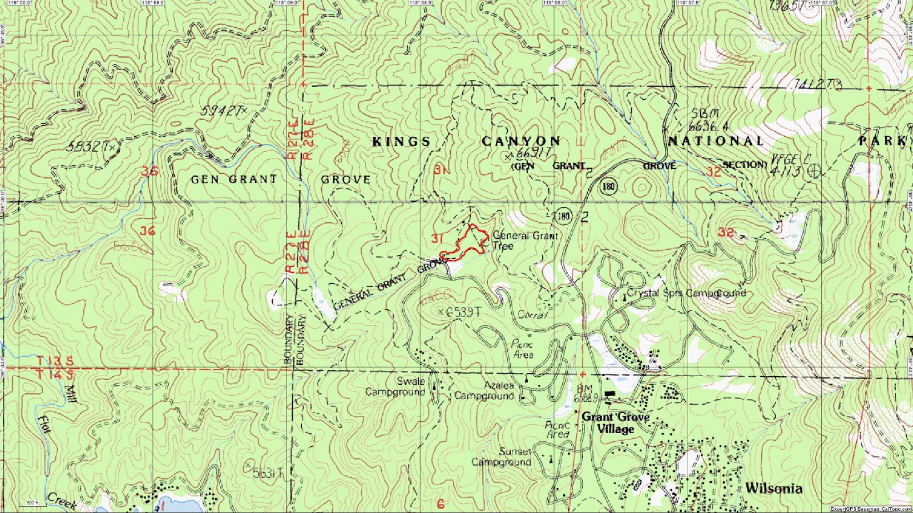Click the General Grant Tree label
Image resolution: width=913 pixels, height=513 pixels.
pos(525,241)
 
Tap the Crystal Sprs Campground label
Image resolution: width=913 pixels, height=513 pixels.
pos(686,293)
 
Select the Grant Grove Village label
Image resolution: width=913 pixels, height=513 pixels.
pos(616,423)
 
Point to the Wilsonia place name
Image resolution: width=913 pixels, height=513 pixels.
pos(773,488)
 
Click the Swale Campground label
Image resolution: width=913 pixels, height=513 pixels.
pos(395,386)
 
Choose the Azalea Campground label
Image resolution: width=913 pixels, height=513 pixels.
pos(484,390)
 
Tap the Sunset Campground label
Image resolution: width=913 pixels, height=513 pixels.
pos(502,457)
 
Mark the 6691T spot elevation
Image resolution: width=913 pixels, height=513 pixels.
pos(530,153)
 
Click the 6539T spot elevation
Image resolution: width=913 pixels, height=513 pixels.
pos(460,312)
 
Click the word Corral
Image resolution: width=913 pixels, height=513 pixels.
pos(532,315)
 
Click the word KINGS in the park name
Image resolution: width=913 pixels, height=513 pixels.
pos(401,141)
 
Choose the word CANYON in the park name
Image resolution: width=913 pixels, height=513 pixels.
pos(521,141)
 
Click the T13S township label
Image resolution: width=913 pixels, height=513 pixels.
pos(55,361)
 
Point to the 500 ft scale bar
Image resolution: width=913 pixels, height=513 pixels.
pos(33,503)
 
